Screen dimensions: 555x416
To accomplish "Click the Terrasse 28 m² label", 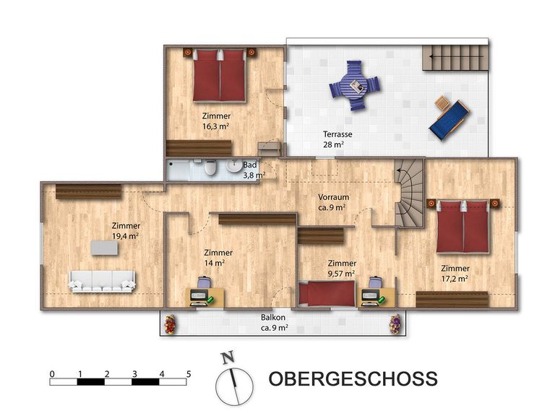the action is click(337, 139).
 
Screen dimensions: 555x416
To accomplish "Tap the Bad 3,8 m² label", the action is click(254, 170).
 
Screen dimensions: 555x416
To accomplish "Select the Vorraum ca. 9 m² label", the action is click(333, 202).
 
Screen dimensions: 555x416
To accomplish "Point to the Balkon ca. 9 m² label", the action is click(274, 322).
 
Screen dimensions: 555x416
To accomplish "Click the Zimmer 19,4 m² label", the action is click(126, 230).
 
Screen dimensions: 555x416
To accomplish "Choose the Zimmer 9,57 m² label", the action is click(342, 268).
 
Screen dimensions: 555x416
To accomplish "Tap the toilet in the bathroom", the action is click(210, 168).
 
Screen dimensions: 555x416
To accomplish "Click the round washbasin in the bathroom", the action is click(234, 165).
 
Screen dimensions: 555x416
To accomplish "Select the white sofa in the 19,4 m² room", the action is click(103, 281).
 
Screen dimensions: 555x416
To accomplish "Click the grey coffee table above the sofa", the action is click(104, 248).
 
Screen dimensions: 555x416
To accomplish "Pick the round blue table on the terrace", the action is click(355, 85).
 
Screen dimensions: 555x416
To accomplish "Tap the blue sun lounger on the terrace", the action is click(449, 120).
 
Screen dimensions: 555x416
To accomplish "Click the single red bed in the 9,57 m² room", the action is click(327, 293).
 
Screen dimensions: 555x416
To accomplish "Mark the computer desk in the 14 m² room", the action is click(205, 297).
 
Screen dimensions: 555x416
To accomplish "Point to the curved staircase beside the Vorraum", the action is click(409, 193).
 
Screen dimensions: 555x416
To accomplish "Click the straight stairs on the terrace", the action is click(455, 57).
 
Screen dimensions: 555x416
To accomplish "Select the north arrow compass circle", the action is click(234, 386).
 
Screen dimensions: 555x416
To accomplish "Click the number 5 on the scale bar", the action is click(189, 373).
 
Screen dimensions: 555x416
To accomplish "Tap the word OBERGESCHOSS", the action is click(353, 378).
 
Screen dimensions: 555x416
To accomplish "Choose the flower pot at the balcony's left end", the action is click(171, 324).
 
